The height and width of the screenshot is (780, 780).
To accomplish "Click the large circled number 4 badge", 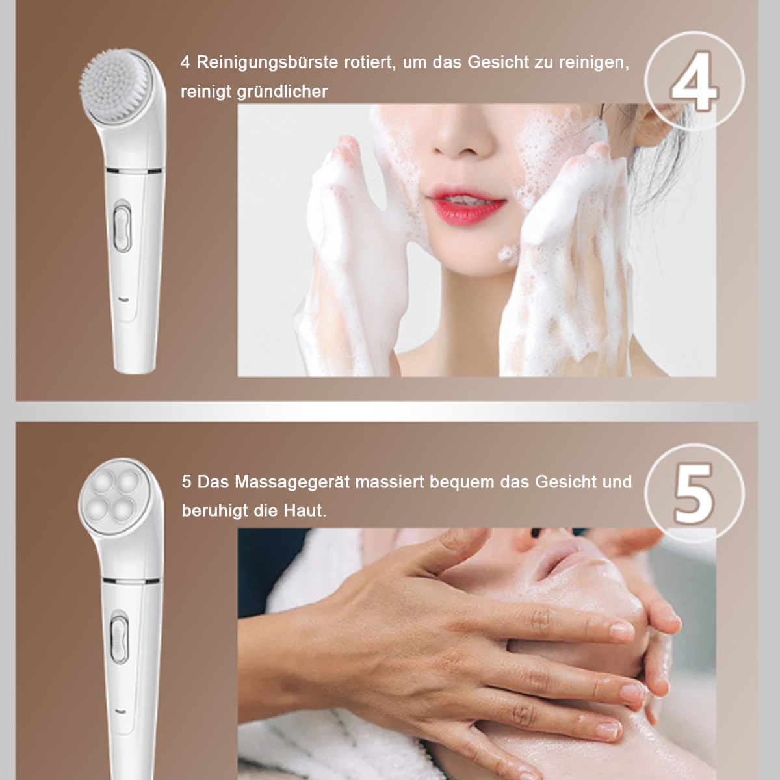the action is click(x=694, y=81).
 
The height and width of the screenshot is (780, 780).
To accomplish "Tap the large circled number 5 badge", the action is click(x=694, y=493).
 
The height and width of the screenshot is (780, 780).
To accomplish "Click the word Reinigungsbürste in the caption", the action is click(x=267, y=63).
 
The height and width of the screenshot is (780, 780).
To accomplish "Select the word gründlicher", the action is click(x=282, y=92).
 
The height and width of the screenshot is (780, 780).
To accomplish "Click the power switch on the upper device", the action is click(x=122, y=229).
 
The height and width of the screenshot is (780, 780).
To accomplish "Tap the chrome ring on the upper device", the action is click(x=135, y=170).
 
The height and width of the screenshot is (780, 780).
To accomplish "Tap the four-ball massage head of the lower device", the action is click(x=114, y=497).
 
